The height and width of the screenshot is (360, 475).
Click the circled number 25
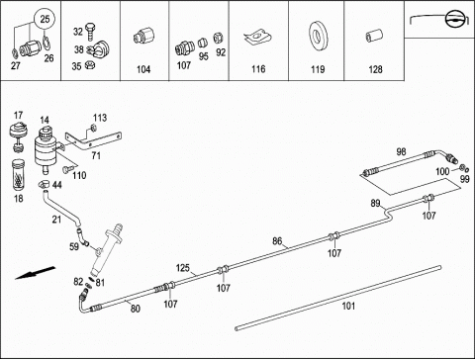45,19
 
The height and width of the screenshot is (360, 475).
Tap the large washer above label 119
319,37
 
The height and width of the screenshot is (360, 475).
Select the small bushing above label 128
374,36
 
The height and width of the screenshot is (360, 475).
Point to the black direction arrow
36,273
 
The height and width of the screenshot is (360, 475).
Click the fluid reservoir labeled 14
47,150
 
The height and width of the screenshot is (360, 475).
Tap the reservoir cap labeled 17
19,136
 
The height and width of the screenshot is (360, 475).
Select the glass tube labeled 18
18,175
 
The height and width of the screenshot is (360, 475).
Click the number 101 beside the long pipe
348,306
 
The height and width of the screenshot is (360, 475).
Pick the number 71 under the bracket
96,155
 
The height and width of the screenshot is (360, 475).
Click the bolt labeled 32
90,32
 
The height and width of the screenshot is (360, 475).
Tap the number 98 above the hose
401,151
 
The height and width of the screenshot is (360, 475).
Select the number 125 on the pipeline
183,267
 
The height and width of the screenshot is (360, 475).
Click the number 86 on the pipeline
277,241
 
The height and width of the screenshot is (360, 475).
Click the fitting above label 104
144,37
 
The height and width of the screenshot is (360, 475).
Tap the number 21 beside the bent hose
56,219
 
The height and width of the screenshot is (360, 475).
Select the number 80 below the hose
136,309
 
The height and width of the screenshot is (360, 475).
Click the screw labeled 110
65,169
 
